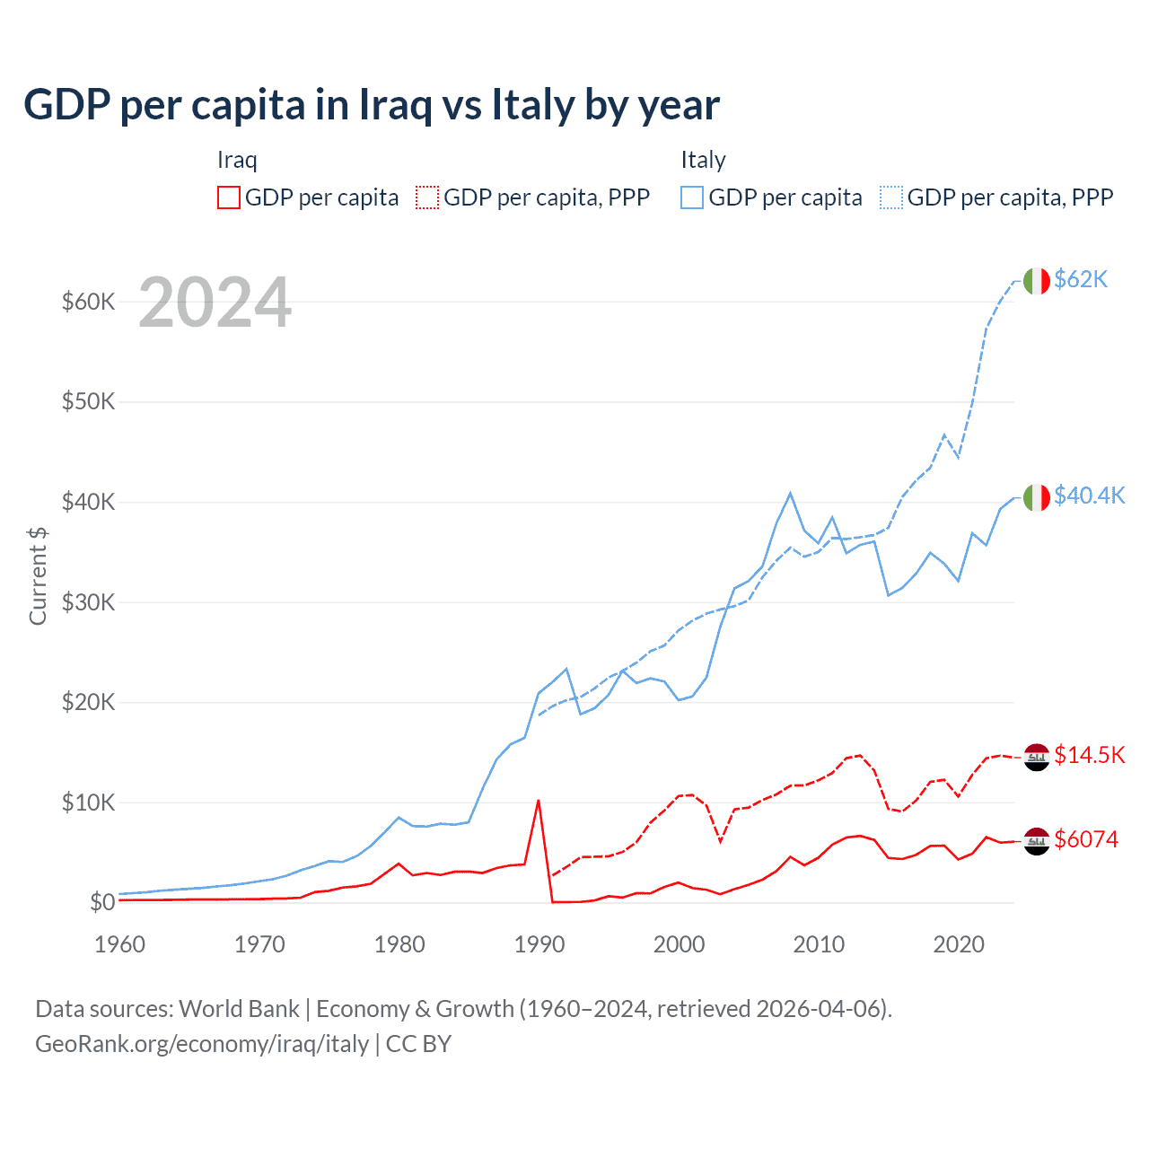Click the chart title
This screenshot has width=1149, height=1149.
tap(372, 105)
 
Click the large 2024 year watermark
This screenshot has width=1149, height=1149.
tap(215, 303)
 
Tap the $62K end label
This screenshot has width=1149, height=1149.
tap(1081, 279)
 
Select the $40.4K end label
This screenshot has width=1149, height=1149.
tap(1089, 496)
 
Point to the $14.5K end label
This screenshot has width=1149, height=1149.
tap(1089, 755)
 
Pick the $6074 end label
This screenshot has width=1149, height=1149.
tap(1086, 839)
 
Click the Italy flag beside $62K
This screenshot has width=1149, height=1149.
tap(1037, 281)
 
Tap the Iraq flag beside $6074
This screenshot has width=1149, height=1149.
tap(1037, 841)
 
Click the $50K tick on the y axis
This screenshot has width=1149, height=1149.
tap(88, 401)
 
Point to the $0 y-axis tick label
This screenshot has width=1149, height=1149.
tap(102, 902)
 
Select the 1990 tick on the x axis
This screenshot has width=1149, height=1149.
tap(539, 944)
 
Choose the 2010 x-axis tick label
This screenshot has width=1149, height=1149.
tap(819, 944)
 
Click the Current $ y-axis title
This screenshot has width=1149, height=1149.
tap(38, 576)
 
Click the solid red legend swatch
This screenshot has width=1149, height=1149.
tap(229, 197)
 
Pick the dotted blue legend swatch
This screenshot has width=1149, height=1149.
tap(891, 197)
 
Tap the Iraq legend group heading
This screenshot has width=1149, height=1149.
tap(237, 160)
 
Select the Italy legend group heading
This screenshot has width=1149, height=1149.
tap(703, 160)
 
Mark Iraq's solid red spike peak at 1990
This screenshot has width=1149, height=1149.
tap(538, 800)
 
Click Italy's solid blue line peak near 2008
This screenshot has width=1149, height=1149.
tap(790, 493)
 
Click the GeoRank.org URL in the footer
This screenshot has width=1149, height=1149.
tap(202, 1044)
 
